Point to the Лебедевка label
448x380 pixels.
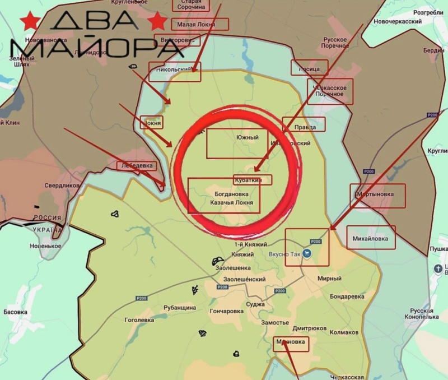137,166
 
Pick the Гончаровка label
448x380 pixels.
226,311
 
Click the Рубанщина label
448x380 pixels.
180,307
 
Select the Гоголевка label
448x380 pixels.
139,320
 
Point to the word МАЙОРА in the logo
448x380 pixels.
95,48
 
